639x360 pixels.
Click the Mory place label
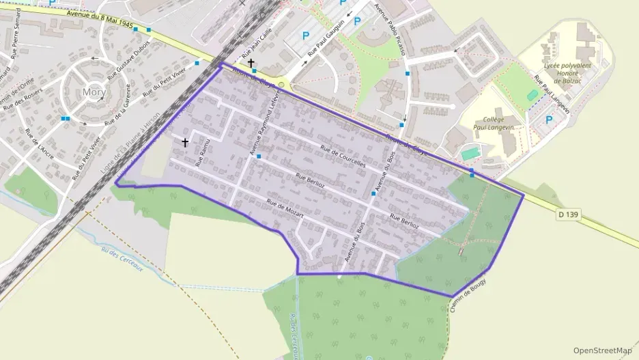pyautogui.click(x=93, y=91)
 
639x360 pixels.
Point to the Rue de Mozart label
pyautogui.click(x=285, y=208)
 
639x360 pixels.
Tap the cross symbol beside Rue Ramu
pyautogui.click(x=184, y=142)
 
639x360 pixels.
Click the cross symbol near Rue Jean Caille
pyautogui.click(x=251, y=62)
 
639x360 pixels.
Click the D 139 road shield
pyautogui.click(x=568, y=214)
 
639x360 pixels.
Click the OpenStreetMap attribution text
pyautogui.click(x=602, y=350)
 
